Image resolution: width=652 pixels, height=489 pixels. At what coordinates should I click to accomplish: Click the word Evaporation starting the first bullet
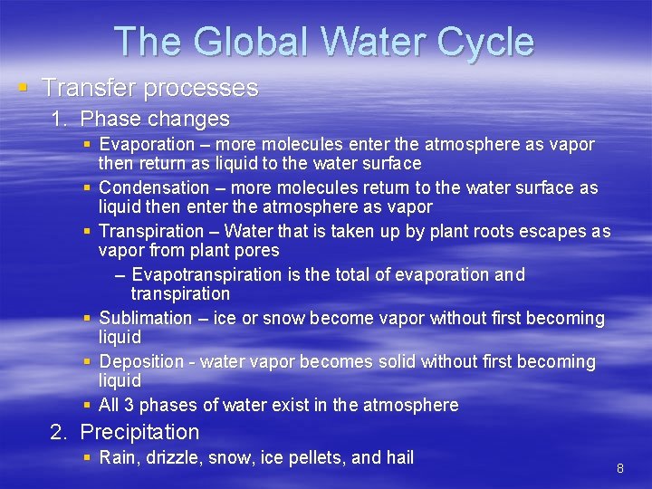147,144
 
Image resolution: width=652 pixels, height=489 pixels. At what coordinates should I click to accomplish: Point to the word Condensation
154,187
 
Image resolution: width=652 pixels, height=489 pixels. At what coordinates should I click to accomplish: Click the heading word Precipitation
139,432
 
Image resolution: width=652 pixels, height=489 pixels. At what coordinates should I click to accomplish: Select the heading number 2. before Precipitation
60,432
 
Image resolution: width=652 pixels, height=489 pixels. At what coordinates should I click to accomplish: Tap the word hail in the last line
399,457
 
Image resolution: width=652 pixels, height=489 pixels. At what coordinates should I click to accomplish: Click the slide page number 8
620,468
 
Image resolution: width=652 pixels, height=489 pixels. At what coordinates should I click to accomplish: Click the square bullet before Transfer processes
23,88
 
